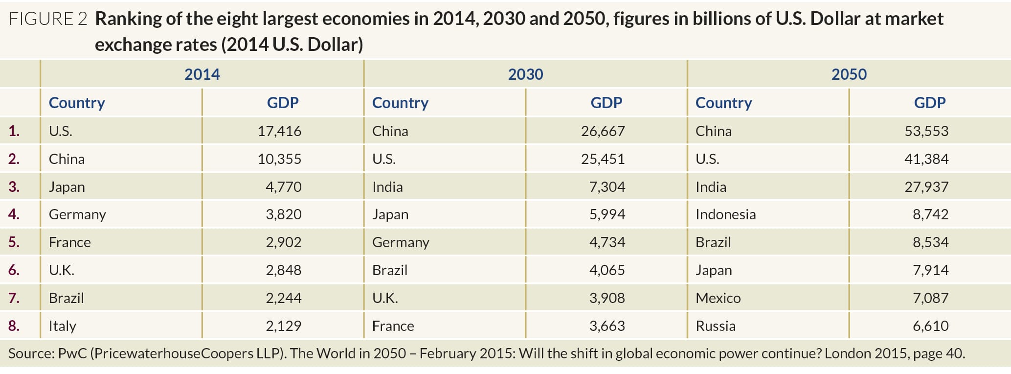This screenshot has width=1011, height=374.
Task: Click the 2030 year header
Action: [525, 74]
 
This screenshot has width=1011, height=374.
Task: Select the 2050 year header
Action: [849, 74]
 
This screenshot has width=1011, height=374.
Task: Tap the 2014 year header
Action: [202, 74]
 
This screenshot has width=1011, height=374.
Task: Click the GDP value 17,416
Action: [279, 131]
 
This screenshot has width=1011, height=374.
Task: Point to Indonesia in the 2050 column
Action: [725, 214]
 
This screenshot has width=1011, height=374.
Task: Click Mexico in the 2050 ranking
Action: [718, 298]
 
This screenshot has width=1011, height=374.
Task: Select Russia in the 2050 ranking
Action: [715, 326]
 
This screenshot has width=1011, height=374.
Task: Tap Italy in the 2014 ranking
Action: [62, 326]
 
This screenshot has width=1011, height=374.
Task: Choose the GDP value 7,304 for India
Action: [607, 187]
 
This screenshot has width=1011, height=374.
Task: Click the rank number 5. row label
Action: [14, 242]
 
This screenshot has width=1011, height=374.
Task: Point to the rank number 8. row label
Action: [14, 326]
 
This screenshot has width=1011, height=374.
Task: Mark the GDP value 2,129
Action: [283, 326]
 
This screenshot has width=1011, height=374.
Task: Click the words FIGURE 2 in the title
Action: [48, 19]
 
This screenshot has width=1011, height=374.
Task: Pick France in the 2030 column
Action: [393, 326]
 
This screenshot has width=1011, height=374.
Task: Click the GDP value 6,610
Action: [930, 326]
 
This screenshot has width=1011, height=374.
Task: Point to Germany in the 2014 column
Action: [77, 214]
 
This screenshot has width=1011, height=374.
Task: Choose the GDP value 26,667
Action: [603, 131]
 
